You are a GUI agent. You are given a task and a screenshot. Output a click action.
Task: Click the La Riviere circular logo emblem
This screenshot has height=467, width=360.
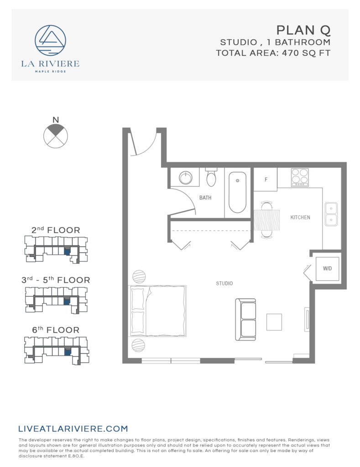pyautogui.click(x=50, y=41)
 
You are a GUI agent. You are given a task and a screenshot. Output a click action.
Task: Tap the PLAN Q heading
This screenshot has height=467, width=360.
pyautogui.click(x=303, y=31)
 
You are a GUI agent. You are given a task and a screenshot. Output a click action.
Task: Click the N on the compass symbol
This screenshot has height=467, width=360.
pyautogui.click(x=56, y=120)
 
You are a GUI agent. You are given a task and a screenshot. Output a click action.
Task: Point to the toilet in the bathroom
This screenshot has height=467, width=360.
pyautogui.click(x=211, y=177)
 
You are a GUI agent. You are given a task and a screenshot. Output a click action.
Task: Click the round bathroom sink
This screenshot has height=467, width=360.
pyautogui.click(x=186, y=177)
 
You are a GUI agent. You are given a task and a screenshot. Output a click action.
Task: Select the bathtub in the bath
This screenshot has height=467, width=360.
pyautogui.click(x=238, y=192)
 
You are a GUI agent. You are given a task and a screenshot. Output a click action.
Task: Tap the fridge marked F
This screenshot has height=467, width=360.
pyautogui.click(x=266, y=179)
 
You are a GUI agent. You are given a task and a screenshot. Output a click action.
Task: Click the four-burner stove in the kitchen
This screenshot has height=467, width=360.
pyautogui.click(x=299, y=177)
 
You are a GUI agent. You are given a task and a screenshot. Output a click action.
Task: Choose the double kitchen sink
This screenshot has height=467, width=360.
pyautogui.click(x=331, y=214)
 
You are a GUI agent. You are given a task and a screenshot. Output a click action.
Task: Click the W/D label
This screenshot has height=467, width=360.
pyautogui.click(x=328, y=268)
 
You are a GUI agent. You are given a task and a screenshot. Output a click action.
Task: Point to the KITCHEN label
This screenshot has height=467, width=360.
pyautogui.click(x=300, y=218)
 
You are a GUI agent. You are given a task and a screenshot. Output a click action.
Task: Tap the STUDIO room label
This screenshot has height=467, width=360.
pyautogui.click(x=224, y=284)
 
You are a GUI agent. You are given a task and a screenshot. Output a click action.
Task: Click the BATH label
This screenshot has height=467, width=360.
pyautogui.click(x=205, y=198)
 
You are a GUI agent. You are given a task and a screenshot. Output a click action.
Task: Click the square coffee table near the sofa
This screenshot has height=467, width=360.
pyautogui.click(x=275, y=322)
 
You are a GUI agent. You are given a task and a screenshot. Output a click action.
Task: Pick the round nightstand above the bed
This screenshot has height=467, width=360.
pyautogui.click(x=139, y=277)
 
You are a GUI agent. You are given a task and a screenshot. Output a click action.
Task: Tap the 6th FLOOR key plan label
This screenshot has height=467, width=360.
pyautogui.click(x=57, y=330)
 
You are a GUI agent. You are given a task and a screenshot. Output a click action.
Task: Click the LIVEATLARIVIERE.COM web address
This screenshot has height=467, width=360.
pyautogui.click(x=73, y=429)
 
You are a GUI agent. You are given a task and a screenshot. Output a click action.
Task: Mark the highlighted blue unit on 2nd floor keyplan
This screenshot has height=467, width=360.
pyautogui.click(x=67, y=251)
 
